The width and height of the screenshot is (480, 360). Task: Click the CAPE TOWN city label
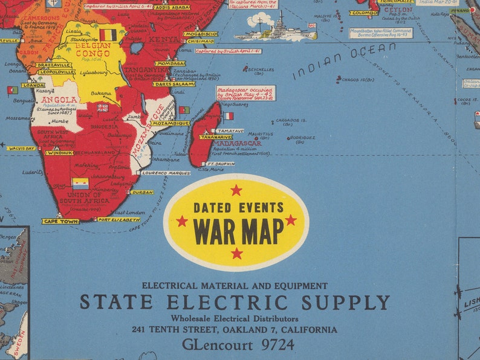60,221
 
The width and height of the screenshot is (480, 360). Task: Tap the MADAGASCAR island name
237,143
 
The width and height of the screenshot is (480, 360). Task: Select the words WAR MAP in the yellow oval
238,230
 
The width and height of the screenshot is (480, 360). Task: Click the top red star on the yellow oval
236,190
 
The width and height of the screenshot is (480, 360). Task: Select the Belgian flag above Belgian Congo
108,34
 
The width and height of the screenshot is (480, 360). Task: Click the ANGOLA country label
59,100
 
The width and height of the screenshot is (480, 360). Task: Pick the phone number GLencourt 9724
238,345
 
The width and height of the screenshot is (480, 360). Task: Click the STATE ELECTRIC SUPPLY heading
235,302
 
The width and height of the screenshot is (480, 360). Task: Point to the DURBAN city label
142,192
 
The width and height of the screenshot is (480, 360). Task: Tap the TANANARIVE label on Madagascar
216,137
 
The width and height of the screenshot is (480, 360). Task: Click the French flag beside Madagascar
228,115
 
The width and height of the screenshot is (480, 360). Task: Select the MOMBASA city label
170,63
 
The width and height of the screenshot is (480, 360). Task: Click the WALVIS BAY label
21,148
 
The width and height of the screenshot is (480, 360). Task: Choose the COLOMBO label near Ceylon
363,13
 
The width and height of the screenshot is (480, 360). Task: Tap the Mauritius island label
261,134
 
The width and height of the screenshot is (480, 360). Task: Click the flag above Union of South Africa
80,183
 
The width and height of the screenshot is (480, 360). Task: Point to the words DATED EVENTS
238,208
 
